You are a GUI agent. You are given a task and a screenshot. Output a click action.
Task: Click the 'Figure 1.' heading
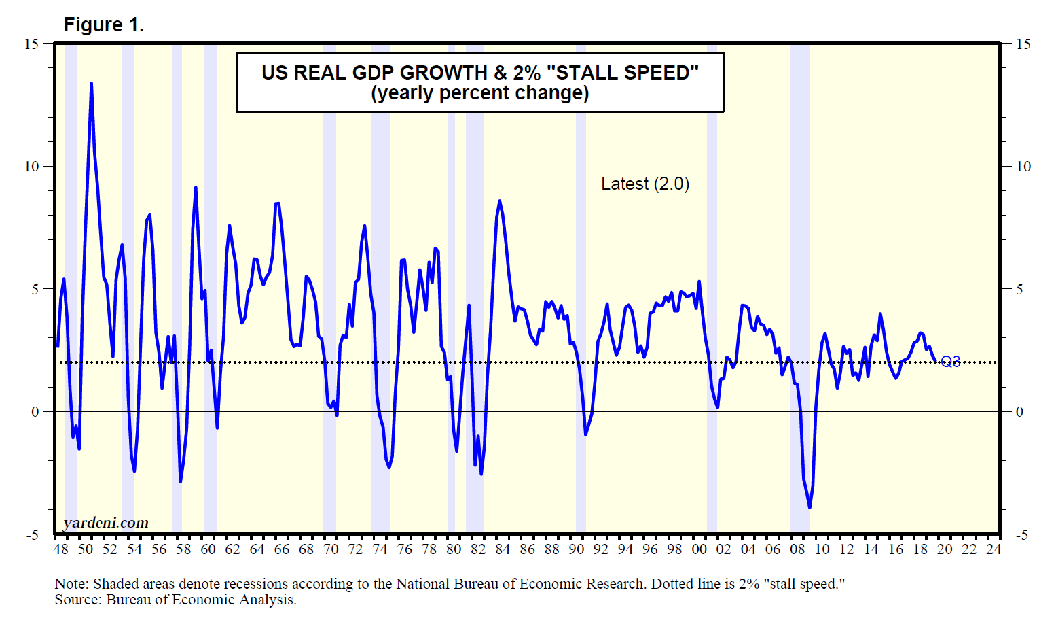pyautogui.click(x=103, y=25)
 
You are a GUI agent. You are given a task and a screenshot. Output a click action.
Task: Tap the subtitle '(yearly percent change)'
pyautogui.click(x=479, y=93)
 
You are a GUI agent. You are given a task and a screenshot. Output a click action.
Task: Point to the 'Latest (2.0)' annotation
pyautogui.click(x=644, y=184)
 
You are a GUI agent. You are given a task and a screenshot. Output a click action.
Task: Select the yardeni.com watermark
pyautogui.click(x=105, y=523)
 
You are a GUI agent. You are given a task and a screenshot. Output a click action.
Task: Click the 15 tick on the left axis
pyautogui.click(x=31, y=44)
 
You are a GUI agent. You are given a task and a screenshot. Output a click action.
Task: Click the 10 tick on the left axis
pyautogui.click(x=31, y=167)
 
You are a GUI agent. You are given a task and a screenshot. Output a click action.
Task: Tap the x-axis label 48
pyautogui.click(x=60, y=549)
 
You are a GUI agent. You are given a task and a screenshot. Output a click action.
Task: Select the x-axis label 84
pyautogui.click(x=503, y=549)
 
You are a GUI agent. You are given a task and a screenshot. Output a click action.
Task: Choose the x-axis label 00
pyautogui.click(x=699, y=549)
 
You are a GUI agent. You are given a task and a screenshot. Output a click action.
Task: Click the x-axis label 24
pyautogui.click(x=994, y=549)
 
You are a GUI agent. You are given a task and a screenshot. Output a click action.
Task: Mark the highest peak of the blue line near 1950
pyautogui.click(x=91, y=84)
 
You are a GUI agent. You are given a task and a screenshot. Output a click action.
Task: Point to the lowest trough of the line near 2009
pyautogui.click(x=809, y=507)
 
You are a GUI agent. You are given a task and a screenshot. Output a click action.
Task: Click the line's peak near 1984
pyautogui.click(x=500, y=201)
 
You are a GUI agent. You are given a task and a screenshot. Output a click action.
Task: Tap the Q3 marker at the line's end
pyautogui.click(x=951, y=361)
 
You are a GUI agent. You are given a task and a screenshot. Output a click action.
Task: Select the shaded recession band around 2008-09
pyautogui.click(x=799, y=286)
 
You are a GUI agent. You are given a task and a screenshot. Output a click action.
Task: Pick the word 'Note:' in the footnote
pyautogui.click(x=71, y=584)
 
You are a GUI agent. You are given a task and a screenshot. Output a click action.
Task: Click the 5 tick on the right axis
pyautogui.click(x=1019, y=290)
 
